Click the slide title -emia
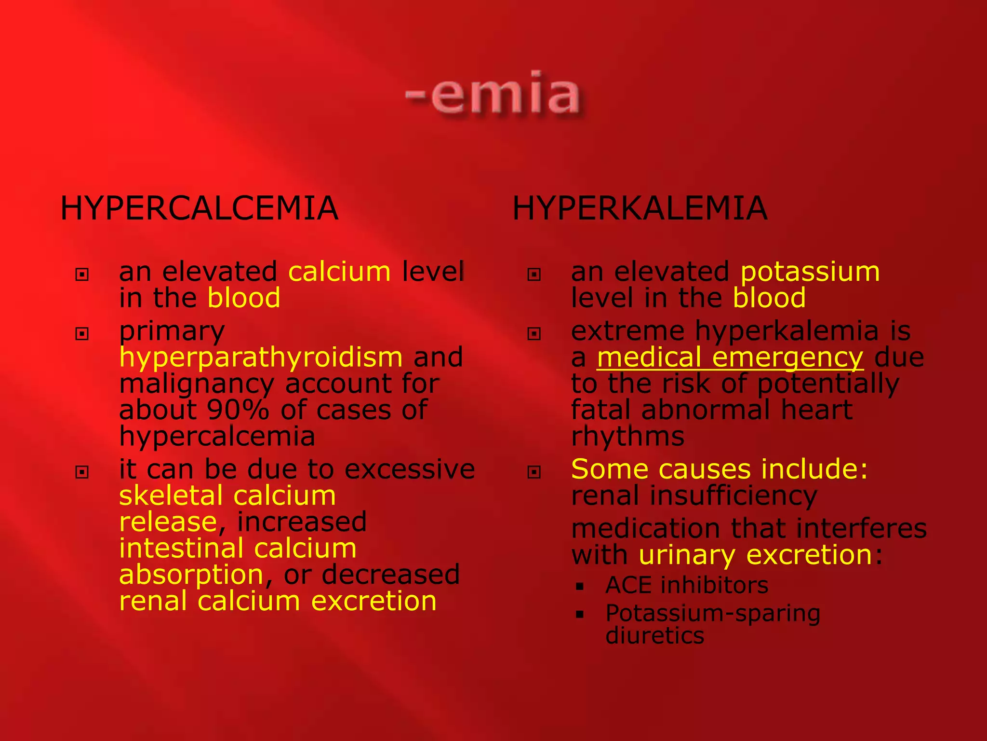pos(493,94)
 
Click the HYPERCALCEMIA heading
pos(199,208)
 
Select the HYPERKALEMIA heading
pos(640,208)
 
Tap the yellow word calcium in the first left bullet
pos(339,272)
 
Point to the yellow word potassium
pos(810,272)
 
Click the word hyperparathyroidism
pos(261,357)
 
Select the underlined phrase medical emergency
pos(730,357)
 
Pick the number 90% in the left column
pos(237,410)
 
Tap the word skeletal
pos(171,495)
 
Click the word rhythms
pos(627,437)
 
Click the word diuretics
pos(654,635)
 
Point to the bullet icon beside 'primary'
pos(82,333)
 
